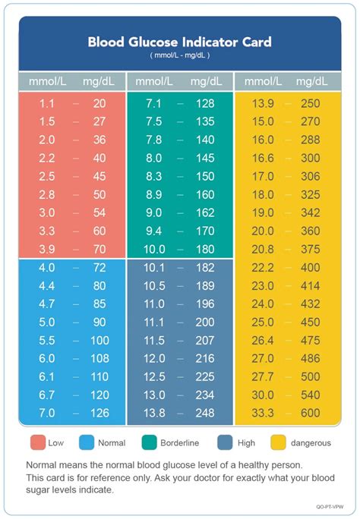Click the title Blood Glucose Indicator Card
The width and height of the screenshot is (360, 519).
tap(179, 42)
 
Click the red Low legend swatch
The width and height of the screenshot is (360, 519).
tap(36, 442)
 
